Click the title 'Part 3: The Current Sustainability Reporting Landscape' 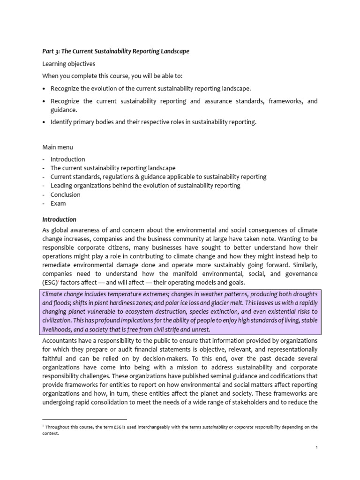point(116,52)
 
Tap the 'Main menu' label point(58,148)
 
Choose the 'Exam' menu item point(58,203)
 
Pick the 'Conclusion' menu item point(65,195)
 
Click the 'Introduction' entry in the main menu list point(67,159)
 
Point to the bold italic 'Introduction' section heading point(59,219)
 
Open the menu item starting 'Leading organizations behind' point(145,186)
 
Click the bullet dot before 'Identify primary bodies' point(45,122)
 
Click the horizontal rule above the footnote point(84,420)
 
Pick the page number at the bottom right point(316,448)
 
